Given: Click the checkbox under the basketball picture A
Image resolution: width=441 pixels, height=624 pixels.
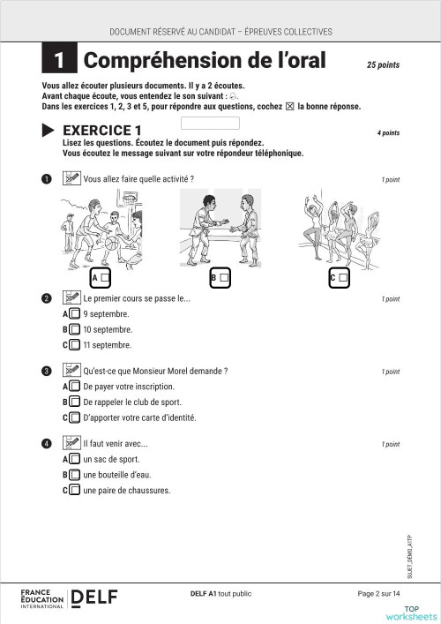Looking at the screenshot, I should click(105, 278).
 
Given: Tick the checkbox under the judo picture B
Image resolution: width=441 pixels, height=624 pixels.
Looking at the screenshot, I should click(224, 278).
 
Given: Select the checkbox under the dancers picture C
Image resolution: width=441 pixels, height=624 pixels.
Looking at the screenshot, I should click(343, 278).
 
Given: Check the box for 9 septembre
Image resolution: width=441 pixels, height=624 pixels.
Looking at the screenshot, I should click(75, 313).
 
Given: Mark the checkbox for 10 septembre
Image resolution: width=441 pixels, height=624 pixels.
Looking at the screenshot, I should click(75, 329).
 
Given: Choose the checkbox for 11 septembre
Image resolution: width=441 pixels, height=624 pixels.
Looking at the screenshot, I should click(75, 345).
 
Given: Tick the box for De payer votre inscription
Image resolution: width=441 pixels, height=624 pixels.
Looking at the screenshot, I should click(75, 387).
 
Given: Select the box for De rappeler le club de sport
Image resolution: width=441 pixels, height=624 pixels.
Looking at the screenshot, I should click(75, 402).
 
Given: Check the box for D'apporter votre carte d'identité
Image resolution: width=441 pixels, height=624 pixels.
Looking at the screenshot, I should click(75, 418).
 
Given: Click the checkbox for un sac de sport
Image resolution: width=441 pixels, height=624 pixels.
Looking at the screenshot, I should click(75, 459).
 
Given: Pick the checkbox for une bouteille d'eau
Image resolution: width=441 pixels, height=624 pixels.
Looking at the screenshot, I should click(75, 475).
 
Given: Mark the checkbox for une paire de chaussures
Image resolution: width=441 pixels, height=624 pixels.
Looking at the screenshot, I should click(75, 491).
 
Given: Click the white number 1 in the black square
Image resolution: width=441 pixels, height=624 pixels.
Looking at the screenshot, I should click(59, 61).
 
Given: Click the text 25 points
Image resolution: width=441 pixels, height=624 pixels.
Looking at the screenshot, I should click(383, 64).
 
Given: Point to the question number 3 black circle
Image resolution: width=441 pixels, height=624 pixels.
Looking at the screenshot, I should click(47, 372).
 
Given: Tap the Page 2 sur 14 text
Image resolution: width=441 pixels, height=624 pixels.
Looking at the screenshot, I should click(379, 593).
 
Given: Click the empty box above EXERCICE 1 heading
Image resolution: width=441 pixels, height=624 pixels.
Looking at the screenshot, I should click(210, 123).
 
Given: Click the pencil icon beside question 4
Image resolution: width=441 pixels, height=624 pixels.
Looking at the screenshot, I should click(71, 443).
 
